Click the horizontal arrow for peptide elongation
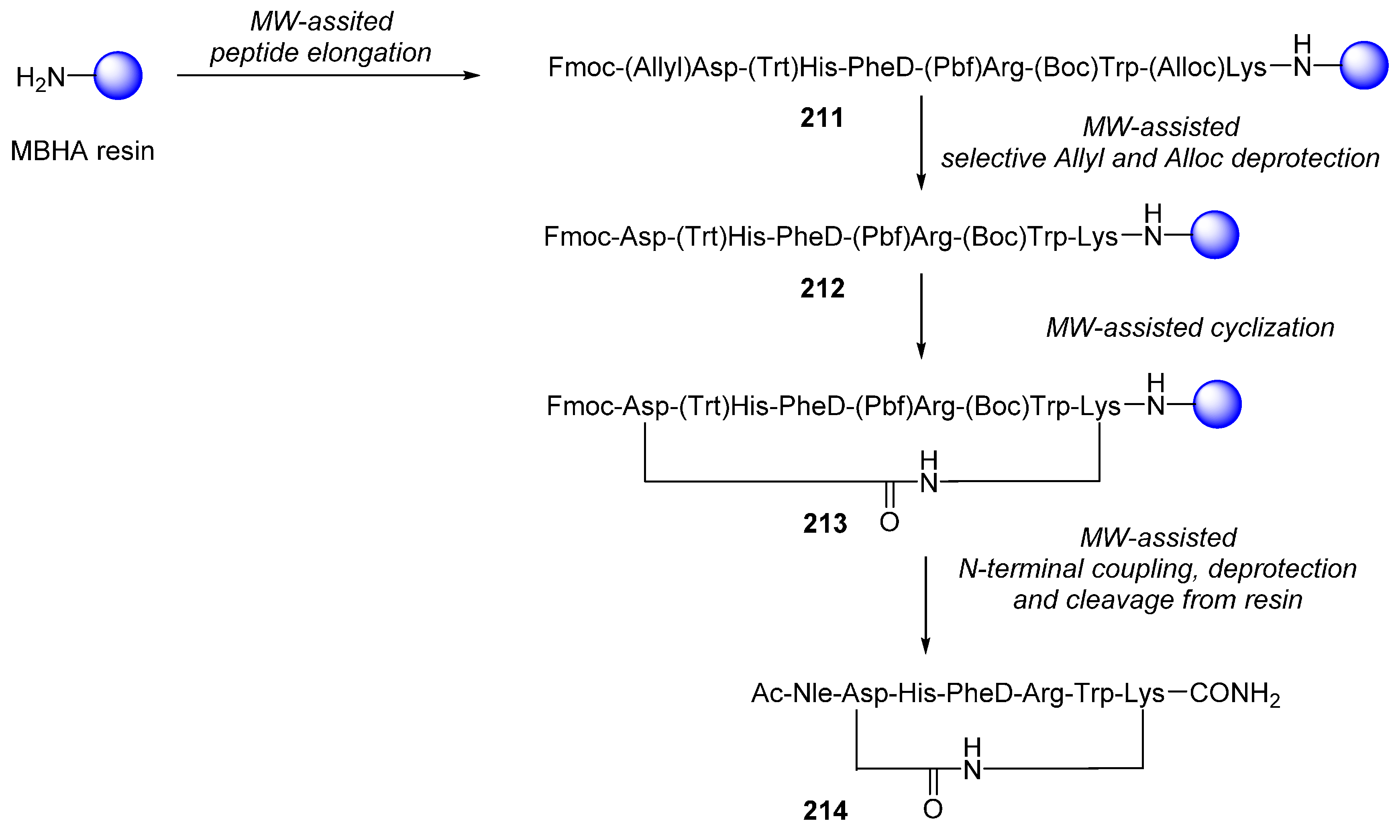pos(328,75)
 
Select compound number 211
pos(822,118)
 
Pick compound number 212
pos(822,289)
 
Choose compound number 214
pos(825,811)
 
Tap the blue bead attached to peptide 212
pos(1215,234)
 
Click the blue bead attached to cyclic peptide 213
pos(1217,404)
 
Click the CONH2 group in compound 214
pos(1234,694)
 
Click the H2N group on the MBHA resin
pos(41,78)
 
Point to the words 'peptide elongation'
pos(320,53)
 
